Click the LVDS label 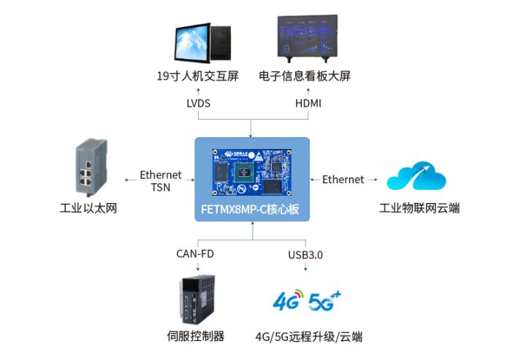198,104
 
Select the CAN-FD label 195,254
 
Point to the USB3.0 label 305,254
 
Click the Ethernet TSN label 161,181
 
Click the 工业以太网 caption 88,209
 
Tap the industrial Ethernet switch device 88,169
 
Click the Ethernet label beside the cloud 343,180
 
